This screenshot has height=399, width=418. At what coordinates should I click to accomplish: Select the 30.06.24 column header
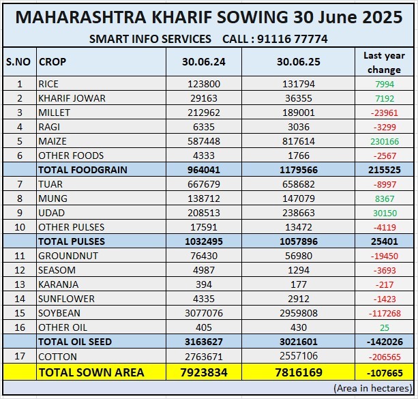click(203, 61)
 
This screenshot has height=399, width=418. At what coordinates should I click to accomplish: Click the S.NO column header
click(18, 61)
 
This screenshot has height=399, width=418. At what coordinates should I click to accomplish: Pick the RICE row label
click(48, 84)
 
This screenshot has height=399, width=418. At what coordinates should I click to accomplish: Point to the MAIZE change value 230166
click(383, 141)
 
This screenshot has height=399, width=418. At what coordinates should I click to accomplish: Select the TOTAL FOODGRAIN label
click(83, 170)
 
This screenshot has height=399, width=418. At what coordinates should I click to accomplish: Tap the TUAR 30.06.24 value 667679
click(203, 184)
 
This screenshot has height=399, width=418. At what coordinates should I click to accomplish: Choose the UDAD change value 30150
click(384, 213)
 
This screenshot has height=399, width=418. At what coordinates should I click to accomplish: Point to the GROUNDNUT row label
click(68, 256)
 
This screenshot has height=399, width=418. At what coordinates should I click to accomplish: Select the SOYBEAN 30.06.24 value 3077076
click(203, 313)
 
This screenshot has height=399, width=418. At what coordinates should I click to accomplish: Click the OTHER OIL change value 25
click(384, 327)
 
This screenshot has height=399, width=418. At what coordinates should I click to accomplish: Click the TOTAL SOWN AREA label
click(91, 372)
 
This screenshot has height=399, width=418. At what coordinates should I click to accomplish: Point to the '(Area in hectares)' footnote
click(372, 387)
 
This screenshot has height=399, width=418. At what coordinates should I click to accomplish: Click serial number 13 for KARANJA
click(19, 284)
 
